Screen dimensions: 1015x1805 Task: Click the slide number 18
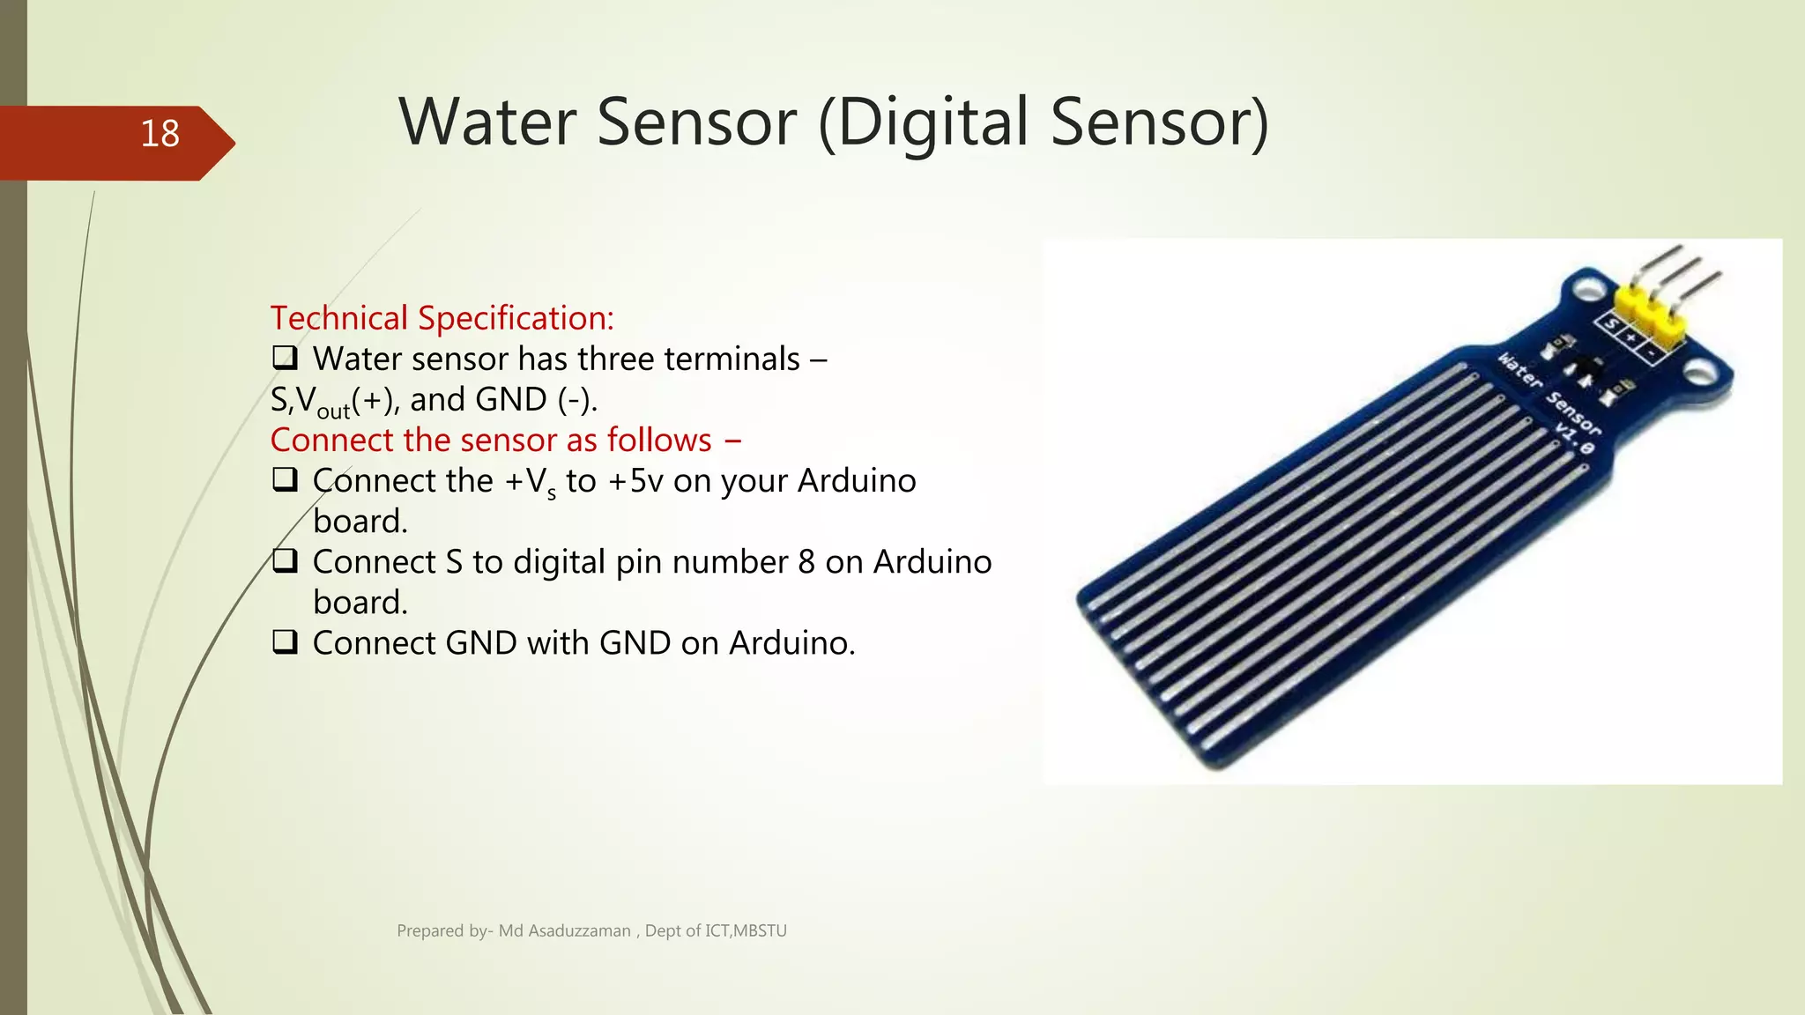click(160, 134)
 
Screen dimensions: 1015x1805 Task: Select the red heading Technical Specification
click(442, 318)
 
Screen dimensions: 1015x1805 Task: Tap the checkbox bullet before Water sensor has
click(284, 358)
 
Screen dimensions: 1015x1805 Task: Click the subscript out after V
click(333, 411)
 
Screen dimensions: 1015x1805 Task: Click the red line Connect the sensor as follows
click(505, 440)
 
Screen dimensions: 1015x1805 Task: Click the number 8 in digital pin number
click(806, 562)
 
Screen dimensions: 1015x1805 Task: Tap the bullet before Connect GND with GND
click(284, 642)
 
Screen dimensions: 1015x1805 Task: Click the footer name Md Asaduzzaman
click(564, 930)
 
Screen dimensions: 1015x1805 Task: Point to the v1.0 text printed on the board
click(1574, 438)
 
